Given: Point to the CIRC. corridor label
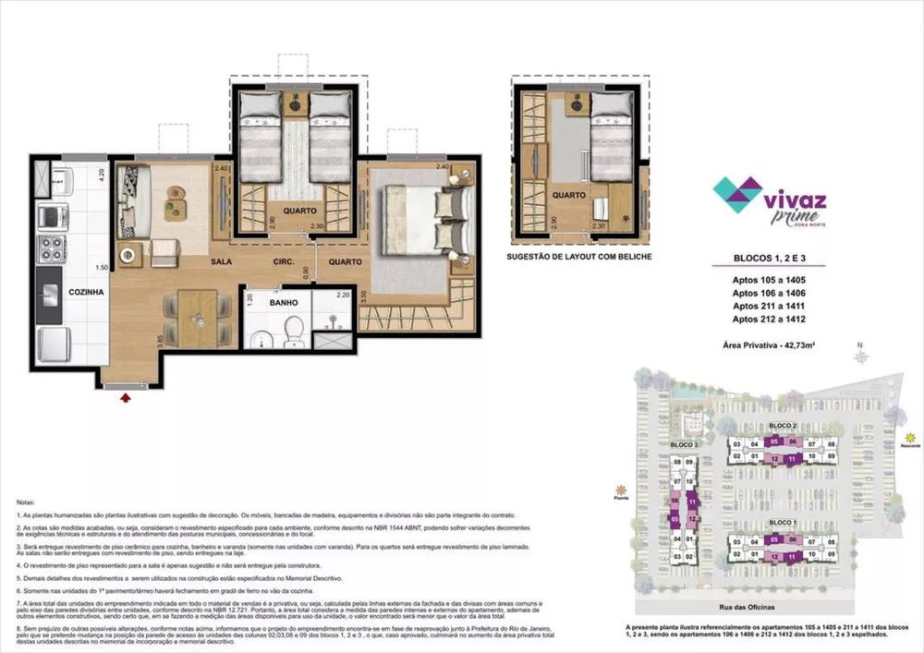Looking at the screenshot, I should (283, 261).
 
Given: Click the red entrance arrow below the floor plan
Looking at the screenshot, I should (126, 397).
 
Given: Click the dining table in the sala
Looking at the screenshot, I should (199, 317).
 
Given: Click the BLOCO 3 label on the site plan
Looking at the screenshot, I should (684, 444).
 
